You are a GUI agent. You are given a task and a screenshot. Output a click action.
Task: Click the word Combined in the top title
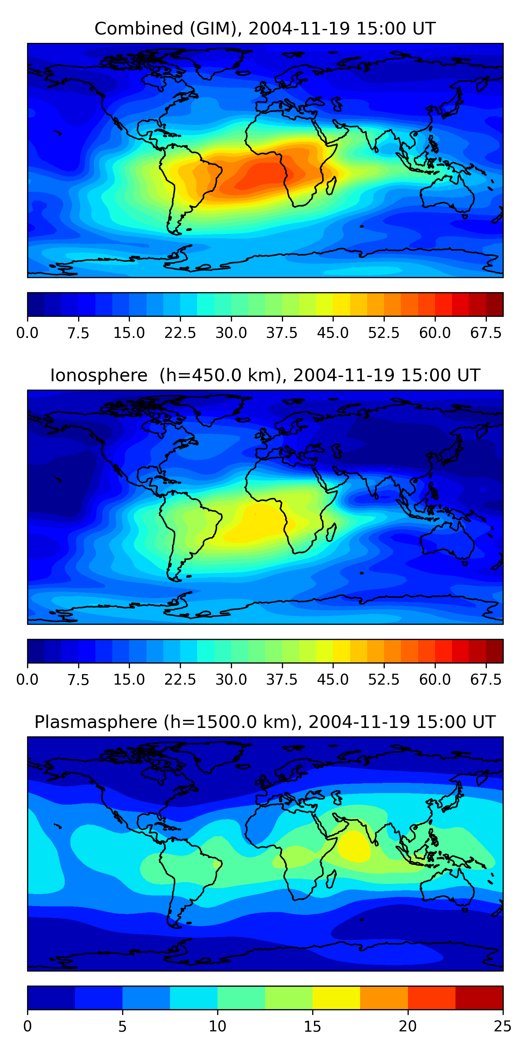coord(139,29)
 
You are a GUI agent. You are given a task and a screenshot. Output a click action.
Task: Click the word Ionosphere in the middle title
coord(99,376)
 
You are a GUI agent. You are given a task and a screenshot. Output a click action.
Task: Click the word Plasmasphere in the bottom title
coord(95,722)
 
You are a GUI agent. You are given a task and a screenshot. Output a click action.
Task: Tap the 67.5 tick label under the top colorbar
coord(486,333)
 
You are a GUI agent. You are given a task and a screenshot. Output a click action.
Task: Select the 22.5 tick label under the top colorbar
coord(180,333)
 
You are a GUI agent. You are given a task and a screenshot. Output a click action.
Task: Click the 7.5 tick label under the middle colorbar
coord(78,680)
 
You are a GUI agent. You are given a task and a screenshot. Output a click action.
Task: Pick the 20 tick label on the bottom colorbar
coord(408,1026)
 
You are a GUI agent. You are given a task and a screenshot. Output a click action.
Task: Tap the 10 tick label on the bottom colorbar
coord(217,1026)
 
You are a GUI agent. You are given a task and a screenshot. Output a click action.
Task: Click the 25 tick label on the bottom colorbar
coord(502,1026)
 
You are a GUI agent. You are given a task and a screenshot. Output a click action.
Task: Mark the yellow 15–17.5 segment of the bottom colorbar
coord(336,997)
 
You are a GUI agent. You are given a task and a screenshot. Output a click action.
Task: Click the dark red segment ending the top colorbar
coord(495,304)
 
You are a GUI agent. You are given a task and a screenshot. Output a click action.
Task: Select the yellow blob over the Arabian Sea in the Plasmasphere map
coord(353,846)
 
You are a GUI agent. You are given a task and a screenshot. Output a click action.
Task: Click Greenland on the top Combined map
coord(221,62)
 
